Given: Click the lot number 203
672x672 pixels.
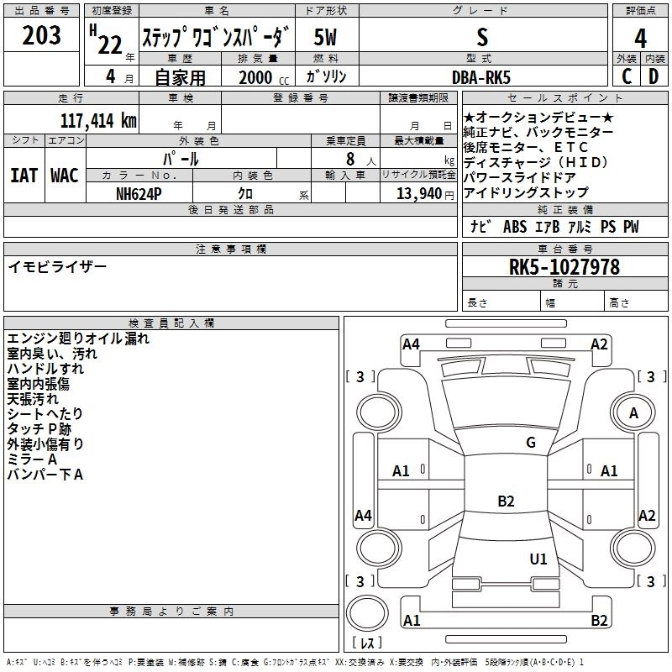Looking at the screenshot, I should (41, 36).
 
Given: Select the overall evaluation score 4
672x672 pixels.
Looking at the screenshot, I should (640, 38).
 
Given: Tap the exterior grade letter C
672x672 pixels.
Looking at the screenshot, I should (627, 76).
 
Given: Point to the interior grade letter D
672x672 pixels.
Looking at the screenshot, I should (654, 76).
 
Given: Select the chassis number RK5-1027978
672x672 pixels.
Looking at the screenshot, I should (564, 267).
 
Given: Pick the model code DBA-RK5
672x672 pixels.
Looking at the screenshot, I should (480, 76).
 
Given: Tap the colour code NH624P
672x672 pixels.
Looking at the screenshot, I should (139, 192).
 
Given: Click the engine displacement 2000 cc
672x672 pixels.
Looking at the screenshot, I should (257, 77).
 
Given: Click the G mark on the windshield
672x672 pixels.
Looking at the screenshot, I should (531, 443).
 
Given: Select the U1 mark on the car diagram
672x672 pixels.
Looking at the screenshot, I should (538, 559).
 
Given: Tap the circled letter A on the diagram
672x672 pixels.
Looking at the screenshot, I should (633, 412).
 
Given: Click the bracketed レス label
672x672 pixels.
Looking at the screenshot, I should (367, 644).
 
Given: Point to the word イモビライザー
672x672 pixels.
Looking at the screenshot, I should (58, 266).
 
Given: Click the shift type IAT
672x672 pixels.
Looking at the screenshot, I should (24, 175).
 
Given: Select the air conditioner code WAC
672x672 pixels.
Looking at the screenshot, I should (65, 175).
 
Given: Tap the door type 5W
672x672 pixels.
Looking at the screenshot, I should (326, 38).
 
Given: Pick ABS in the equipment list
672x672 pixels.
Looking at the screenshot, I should (515, 227).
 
